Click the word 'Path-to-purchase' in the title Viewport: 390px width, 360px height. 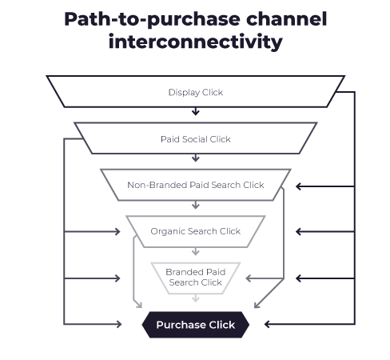tap(152, 20)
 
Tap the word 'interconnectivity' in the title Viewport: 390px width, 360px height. tap(196, 42)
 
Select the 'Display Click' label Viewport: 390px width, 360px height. tap(196, 92)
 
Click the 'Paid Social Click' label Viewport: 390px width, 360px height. tap(196, 139)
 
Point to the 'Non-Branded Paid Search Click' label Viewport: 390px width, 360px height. tap(196, 185)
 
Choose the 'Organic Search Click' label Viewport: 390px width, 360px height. tap(196, 231)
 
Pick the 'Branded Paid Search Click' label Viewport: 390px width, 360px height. tap(196, 277)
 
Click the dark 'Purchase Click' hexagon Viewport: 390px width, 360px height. tap(196, 325)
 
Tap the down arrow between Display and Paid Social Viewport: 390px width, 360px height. tap(196, 111)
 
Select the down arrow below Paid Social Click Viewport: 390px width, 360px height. tap(196, 158)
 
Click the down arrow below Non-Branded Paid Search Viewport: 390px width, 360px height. tap(196, 205)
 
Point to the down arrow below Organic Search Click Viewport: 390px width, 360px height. tap(196, 251)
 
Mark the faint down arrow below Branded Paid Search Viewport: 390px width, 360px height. tap(196, 298)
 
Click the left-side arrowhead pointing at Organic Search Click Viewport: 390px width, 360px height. tap(117, 232)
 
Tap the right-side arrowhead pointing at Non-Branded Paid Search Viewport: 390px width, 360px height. tap(298, 186)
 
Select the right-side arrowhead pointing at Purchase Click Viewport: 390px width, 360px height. tap(267, 324)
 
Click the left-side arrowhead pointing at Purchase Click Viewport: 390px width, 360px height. tap(119, 324)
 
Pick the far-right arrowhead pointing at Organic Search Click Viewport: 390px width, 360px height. tap(298, 232)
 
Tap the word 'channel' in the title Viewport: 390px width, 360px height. tap(287, 18)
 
